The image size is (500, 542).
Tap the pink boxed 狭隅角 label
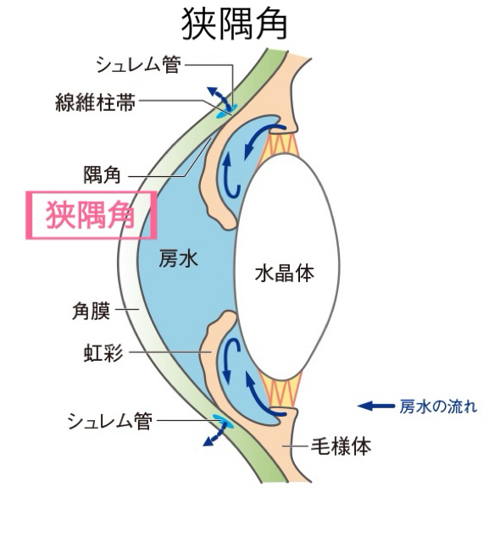point(91,215)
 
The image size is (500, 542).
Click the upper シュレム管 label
point(138,64)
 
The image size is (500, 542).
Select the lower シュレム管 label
point(110,421)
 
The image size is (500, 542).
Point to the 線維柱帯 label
point(96,102)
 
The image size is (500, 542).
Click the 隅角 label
point(103,175)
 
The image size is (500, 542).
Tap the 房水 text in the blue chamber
point(179,258)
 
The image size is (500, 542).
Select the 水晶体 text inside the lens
point(285,274)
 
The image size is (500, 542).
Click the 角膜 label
point(92,311)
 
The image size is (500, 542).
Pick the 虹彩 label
point(103,353)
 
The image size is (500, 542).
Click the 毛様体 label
point(341,446)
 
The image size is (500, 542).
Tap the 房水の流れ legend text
point(438,406)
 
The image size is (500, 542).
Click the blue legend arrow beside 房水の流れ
point(376,406)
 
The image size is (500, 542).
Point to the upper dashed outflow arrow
point(219,98)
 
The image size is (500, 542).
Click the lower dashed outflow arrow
point(214,434)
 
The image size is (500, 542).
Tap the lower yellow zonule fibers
point(281,390)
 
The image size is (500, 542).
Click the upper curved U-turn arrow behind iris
point(231,175)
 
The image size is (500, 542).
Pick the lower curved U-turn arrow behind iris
point(231,360)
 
